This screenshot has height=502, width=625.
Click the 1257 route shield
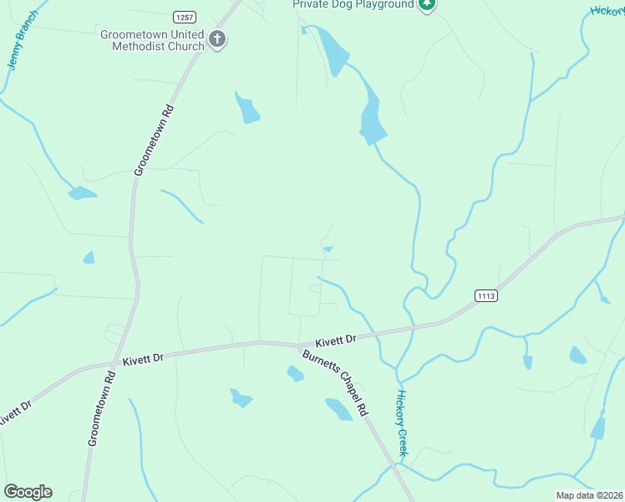coord(184,17)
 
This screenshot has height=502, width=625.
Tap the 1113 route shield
coord(486,295)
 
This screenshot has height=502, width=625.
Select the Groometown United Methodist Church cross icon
coord(217,38)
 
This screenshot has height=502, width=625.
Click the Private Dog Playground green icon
coord(428,4)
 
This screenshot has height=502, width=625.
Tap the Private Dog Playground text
coord(353,4)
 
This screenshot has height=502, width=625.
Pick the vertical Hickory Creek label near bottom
coord(402,423)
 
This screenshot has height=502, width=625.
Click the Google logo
coord(28,492)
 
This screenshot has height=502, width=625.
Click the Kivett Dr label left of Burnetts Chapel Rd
coord(143,358)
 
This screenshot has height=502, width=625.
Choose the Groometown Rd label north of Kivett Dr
coord(155,139)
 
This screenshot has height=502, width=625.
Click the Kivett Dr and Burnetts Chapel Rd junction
coord(298,346)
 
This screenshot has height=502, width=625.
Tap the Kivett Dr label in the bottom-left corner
coord(15,415)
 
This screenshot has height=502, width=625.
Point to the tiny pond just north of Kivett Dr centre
coord(328,248)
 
